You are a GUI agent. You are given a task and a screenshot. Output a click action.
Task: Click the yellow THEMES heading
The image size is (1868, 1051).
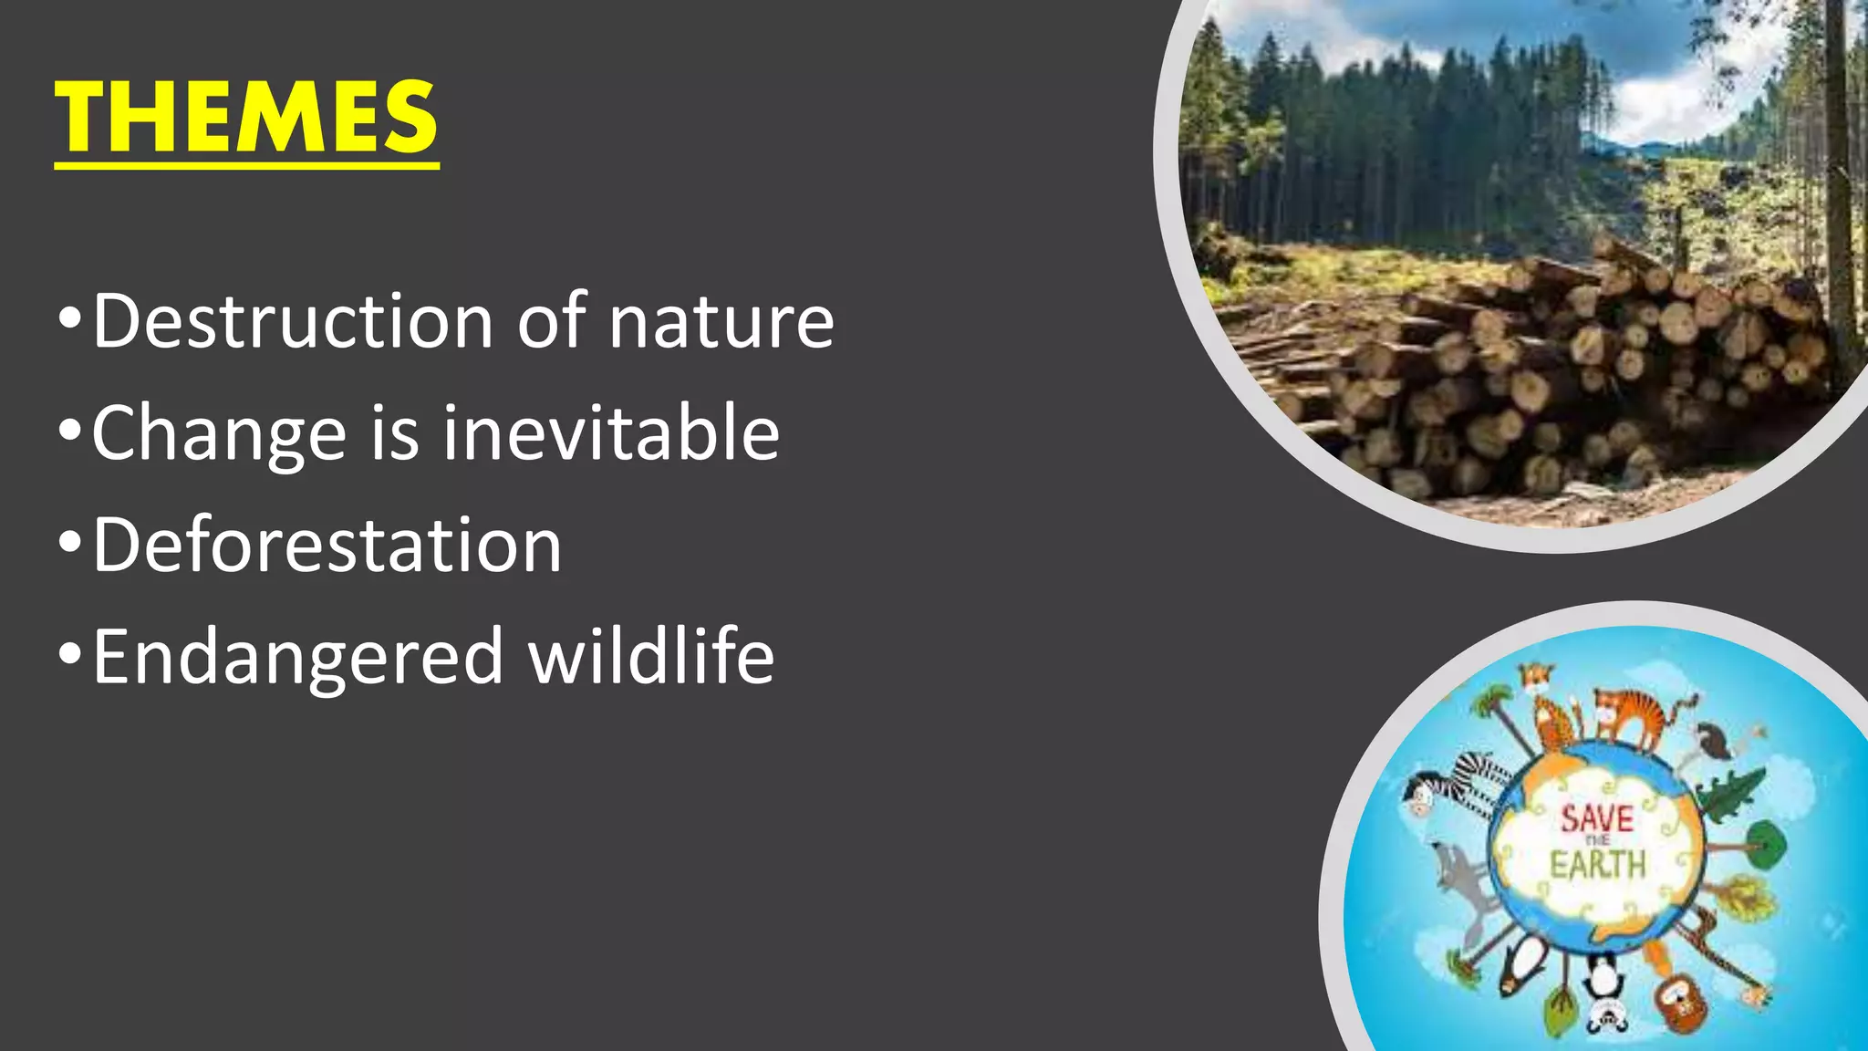click(246, 118)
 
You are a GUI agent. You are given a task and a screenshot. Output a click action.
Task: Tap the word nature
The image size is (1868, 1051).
click(721, 321)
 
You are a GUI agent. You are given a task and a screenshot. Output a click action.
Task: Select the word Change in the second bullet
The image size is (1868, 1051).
click(219, 433)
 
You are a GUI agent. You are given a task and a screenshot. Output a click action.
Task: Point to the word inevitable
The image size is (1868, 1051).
click(611, 432)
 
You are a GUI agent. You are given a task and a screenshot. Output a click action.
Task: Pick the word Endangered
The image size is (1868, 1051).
click(297, 657)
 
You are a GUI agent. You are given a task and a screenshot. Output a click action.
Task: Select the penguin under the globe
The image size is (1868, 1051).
click(1523, 972)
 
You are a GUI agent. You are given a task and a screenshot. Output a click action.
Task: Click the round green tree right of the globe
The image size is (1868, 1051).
click(1765, 844)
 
